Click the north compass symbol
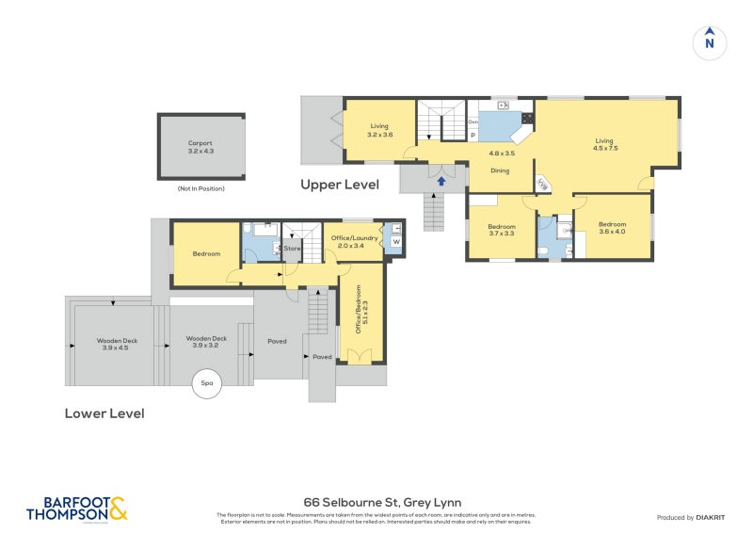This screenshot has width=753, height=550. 710,42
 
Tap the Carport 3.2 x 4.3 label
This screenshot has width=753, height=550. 200,147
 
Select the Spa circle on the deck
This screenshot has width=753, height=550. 206,384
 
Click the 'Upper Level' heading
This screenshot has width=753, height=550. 340,185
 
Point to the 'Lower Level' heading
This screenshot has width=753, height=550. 104,412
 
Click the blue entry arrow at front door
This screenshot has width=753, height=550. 440,181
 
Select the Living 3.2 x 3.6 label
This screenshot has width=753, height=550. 379,130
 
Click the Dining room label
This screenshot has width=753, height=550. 500,170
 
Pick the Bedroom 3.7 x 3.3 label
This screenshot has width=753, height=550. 501,230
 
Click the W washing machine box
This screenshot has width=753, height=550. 395,242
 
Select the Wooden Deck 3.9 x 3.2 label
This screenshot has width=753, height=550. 206,342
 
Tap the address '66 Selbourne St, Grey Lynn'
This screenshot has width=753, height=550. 381,502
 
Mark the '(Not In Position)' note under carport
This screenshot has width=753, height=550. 200,189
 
